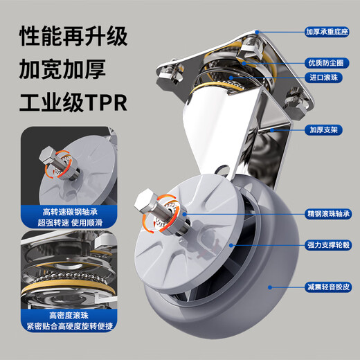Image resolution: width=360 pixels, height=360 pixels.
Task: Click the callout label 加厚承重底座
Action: point(328,31)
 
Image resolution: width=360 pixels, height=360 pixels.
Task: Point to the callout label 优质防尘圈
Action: point(328,63)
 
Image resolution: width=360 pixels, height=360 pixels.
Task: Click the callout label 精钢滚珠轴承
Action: point(328,214)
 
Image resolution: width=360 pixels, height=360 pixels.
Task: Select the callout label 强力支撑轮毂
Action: point(328,244)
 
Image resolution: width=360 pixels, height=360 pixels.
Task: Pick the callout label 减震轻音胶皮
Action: point(328,285)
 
